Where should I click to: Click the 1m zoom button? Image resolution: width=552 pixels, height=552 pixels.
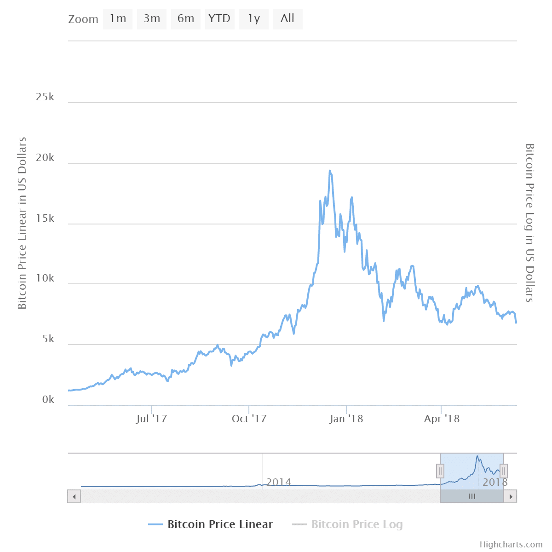118,19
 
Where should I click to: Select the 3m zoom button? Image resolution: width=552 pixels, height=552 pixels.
152,19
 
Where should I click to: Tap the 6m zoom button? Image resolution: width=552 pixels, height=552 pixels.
186,19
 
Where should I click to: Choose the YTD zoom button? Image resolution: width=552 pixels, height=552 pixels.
219,19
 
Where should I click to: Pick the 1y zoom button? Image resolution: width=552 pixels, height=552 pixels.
254,19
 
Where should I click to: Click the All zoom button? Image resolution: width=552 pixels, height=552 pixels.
287,19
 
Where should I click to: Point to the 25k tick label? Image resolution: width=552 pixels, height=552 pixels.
45,97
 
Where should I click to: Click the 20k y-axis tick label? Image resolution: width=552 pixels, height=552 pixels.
45,158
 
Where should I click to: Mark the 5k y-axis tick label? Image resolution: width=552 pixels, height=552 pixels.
48,339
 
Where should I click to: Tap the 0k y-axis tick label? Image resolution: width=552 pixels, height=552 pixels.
48,400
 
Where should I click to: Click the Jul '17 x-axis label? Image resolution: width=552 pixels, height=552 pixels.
152,419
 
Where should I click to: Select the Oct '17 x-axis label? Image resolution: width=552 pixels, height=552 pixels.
249,419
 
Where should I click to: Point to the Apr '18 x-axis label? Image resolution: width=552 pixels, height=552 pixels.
442,419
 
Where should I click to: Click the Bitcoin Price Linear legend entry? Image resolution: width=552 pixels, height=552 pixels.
220,524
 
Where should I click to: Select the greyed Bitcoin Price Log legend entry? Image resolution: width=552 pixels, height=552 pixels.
356,524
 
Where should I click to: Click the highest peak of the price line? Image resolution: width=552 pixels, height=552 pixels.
330,171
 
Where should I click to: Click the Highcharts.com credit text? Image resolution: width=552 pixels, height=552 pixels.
511,545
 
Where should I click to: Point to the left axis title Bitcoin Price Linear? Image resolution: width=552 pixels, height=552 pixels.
22,223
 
